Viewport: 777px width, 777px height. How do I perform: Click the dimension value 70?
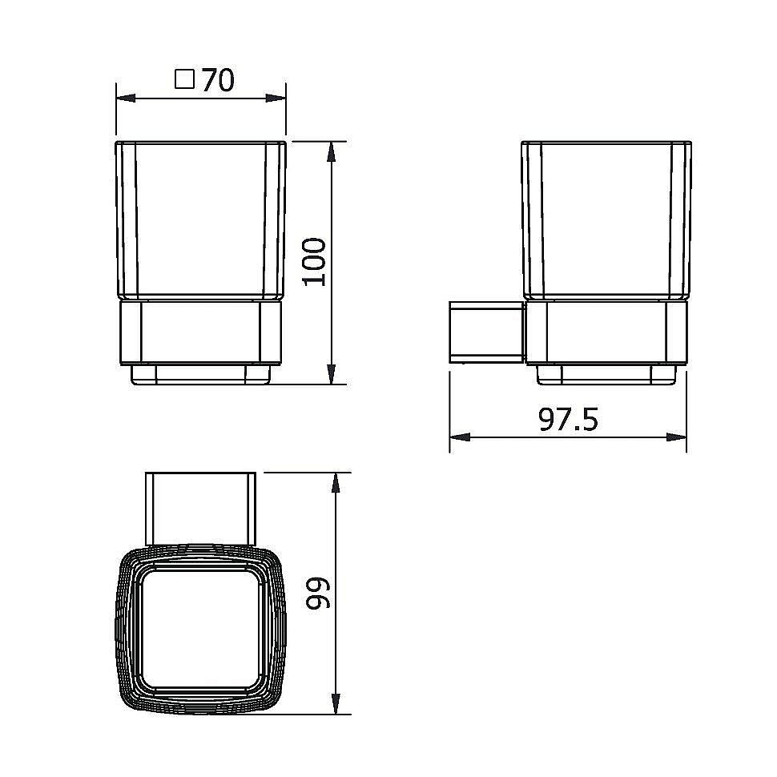[x=218, y=80]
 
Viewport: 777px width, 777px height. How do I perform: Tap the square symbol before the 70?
[x=185, y=79]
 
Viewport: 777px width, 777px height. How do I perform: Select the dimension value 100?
[x=314, y=262]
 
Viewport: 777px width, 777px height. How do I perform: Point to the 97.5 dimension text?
[x=569, y=419]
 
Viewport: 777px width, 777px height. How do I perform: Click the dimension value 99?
[x=318, y=593]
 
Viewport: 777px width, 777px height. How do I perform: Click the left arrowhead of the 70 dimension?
[x=126, y=98]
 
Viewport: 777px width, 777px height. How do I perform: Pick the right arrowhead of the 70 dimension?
[x=276, y=98]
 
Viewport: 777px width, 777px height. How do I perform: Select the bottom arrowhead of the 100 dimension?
[x=332, y=374]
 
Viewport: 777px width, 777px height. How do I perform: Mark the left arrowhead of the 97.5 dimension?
[x=460, y=437]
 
